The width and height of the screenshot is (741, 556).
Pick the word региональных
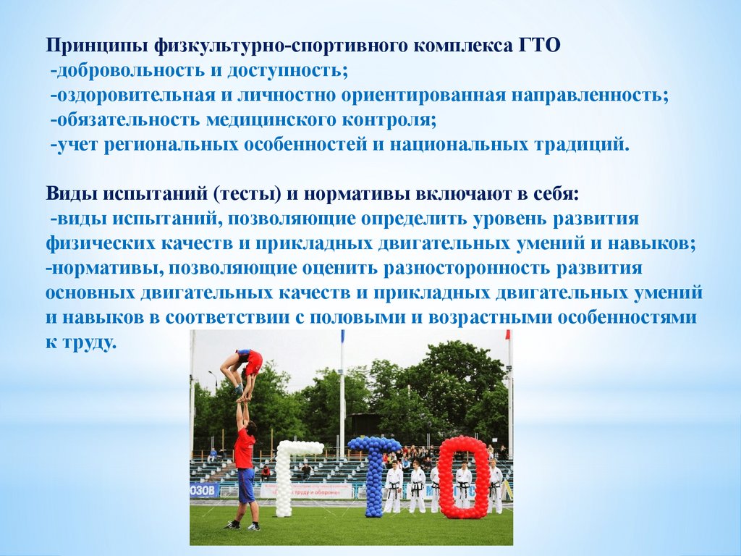(171, 145)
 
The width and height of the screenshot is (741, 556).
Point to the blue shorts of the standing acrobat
(246, 485)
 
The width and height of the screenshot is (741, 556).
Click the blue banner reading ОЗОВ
(205, 490)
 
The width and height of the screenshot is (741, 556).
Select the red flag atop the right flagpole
(508, 334)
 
